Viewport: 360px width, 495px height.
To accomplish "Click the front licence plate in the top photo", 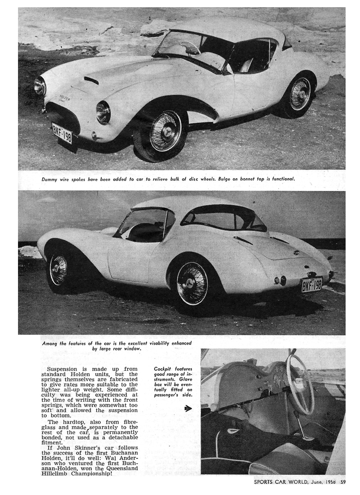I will click(x=62, y=133).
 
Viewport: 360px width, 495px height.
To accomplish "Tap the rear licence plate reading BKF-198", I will click(x=311, y=284).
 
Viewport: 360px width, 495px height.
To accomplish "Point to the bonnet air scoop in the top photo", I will click(x=91, y=80).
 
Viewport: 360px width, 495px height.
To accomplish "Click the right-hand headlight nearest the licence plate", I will click(x=103, y=112).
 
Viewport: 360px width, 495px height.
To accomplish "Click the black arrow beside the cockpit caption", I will click(x=188, y=409).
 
